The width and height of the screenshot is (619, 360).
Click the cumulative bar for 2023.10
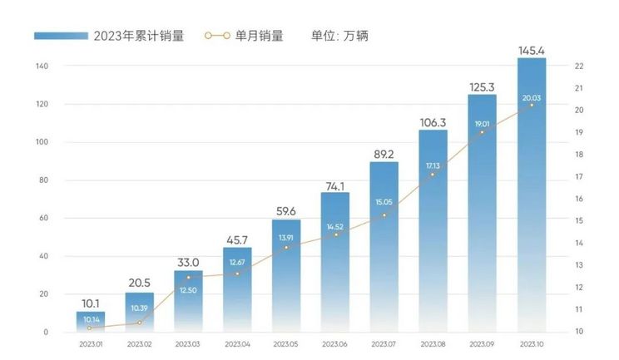532,195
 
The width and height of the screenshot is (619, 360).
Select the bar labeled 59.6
286,274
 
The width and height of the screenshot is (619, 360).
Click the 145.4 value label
532,52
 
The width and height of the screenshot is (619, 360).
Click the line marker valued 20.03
532,105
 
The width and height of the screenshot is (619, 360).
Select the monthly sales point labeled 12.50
188,277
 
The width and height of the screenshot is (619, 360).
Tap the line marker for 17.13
433,174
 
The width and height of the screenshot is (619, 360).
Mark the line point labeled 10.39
139,323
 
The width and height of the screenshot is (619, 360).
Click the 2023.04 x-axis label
237,343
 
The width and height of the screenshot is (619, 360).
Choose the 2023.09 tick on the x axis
483,343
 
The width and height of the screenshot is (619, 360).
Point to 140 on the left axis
42,66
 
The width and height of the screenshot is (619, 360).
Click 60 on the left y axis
44,218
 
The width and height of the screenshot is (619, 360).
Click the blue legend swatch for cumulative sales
61,36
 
